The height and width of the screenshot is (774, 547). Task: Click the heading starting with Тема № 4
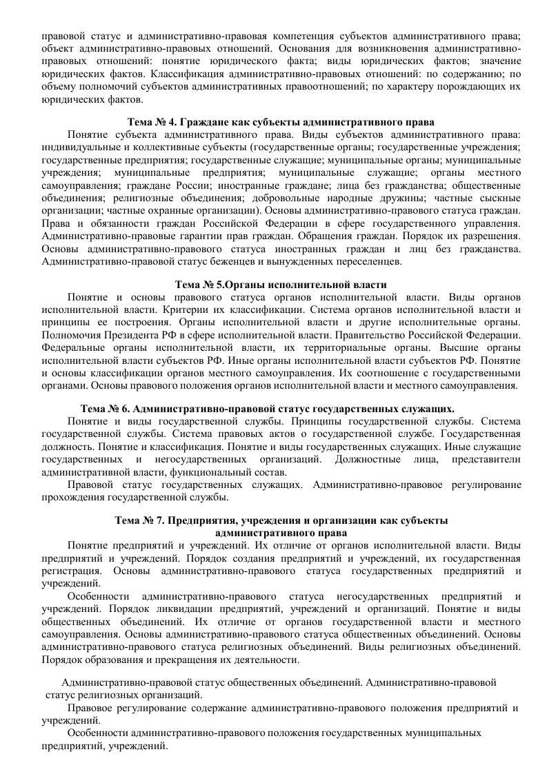tap(281, 121)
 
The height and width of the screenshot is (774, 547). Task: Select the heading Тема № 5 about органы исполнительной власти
tap(281, 284)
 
